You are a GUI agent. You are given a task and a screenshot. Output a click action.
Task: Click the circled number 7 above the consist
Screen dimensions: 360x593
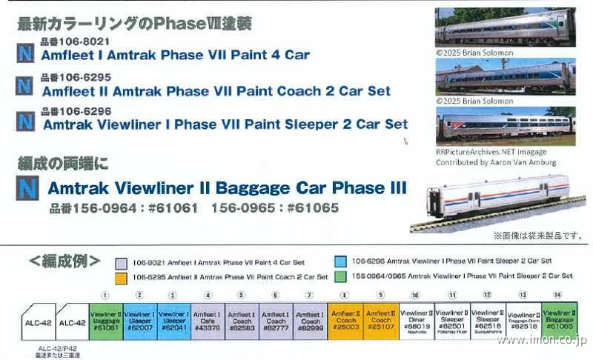point(310,295)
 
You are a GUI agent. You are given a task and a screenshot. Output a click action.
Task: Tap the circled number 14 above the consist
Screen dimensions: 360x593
point(557,295)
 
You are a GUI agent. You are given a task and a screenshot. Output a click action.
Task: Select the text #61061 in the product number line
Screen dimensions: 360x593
point(175,208)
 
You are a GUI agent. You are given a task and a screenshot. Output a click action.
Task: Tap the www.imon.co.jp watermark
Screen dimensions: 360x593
point(540,342)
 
